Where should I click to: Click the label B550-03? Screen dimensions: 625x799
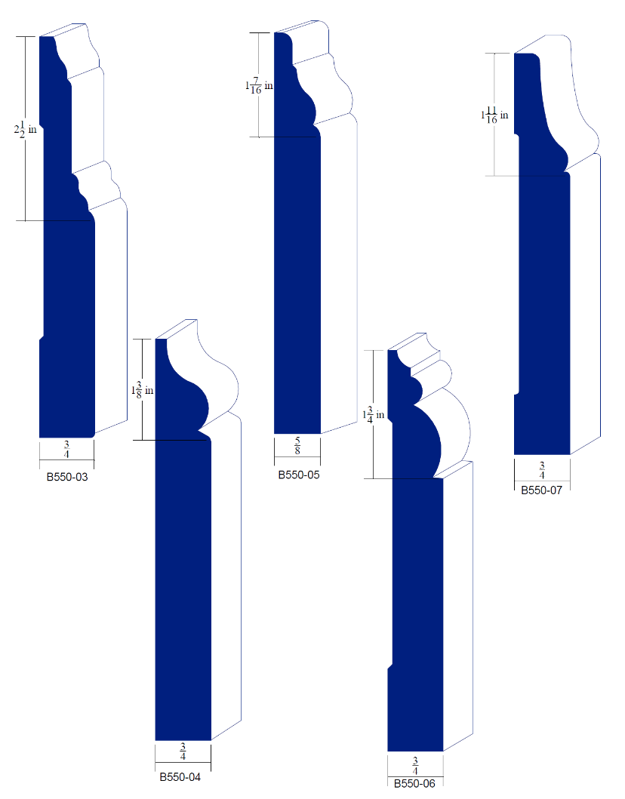point(67,478)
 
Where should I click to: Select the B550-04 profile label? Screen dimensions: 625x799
point(180,777)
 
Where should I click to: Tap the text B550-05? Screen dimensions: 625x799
point(299,475)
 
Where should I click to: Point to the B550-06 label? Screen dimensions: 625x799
point(414,783)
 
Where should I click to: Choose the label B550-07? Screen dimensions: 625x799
point(541,490)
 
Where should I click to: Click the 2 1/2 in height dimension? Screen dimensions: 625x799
point(25,130)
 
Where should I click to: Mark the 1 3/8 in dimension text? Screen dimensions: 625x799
point(142,391)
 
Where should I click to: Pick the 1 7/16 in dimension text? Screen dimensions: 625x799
point(259,85)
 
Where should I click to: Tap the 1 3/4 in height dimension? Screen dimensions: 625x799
point(373,415)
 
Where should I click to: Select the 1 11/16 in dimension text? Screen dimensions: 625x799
point(494,115)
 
